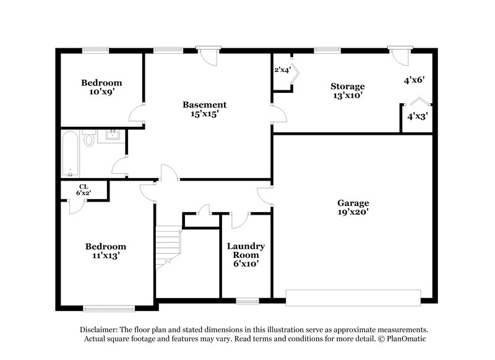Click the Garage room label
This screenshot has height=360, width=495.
[x=353, y=203]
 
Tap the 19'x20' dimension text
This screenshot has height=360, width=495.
[x=353, y=212]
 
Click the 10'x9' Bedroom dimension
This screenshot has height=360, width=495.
[x=101, y=92]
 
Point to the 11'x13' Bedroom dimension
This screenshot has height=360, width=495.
[x=105, y=255]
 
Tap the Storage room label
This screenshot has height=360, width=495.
[x=347, y=86]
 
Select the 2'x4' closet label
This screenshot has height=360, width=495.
[x=282, y=70]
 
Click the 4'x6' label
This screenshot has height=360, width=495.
[x=413, y=80]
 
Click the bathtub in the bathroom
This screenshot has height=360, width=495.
[x=69, y=153]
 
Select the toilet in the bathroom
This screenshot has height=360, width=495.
[x=89, y=139]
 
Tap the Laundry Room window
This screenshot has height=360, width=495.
[x=247, y=301]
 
